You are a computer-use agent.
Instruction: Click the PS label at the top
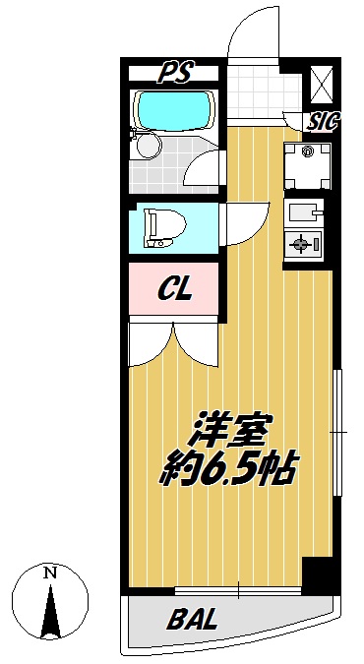[x=175, y=73]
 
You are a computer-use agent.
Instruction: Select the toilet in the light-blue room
[x=164, y=228]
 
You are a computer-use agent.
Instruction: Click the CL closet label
[x=175, y=289]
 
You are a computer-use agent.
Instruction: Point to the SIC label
[x=324, y=122]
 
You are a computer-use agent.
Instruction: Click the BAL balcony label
[x=192, y=619]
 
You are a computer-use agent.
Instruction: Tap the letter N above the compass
[x=50, y=573]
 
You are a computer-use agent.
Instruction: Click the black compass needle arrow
[x=50, y=611]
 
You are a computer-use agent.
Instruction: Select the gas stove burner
[x=302, y=244]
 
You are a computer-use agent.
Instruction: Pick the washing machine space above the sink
[x=307, y=166]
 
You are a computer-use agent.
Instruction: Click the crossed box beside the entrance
[x=322, y=85]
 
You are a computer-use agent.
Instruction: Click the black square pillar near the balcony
[x=317, y=573]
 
